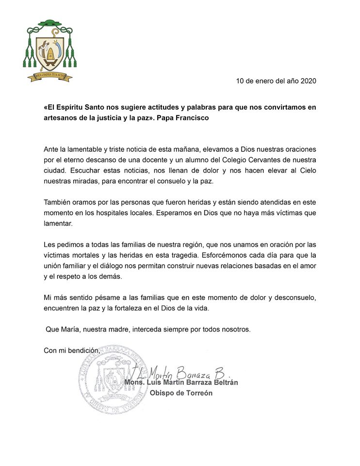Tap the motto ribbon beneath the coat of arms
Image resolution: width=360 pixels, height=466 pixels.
coord(49,76)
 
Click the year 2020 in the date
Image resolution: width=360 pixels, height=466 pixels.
coord(307,81)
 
